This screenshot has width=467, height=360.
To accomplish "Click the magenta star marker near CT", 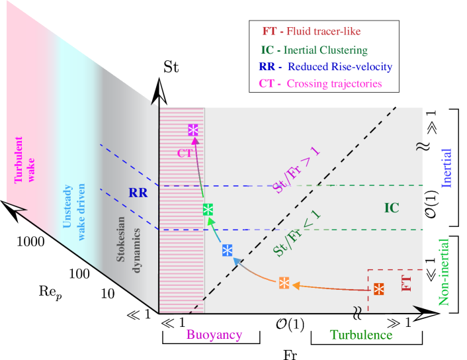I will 193,130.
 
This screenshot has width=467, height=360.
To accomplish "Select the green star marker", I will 208,209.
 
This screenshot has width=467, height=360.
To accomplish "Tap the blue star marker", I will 227,250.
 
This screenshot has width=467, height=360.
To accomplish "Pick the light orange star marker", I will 283,283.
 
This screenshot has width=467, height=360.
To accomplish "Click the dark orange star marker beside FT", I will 378,289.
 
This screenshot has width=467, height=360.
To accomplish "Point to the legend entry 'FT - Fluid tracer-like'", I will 312,31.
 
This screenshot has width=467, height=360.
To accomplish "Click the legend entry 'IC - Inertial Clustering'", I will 314,50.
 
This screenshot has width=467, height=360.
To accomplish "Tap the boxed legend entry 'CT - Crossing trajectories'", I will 323,84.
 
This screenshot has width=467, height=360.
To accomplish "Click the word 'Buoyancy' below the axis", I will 214,336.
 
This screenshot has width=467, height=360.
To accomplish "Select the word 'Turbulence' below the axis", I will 361,336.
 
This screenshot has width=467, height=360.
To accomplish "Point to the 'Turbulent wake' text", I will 23,159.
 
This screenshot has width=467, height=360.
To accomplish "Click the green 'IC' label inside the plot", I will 392,208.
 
